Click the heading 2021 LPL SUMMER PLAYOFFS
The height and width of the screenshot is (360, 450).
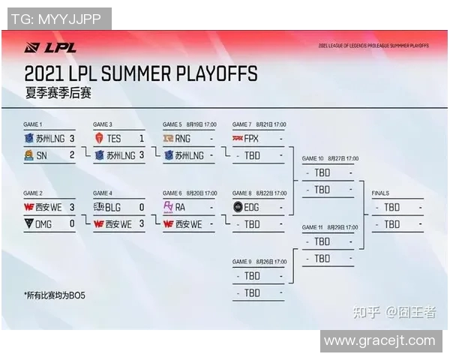140,73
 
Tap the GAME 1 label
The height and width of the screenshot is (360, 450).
32,124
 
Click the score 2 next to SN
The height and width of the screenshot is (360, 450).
72,155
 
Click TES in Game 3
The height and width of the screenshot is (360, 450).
113,139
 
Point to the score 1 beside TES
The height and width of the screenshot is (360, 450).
141,139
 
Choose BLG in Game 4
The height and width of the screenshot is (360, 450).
112,207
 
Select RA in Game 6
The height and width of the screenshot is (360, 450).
180,207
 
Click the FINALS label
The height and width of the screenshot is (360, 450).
380,193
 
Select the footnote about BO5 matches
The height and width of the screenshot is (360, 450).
55,295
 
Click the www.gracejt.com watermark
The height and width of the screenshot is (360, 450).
379,341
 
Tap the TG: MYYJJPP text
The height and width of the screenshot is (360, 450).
57,19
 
